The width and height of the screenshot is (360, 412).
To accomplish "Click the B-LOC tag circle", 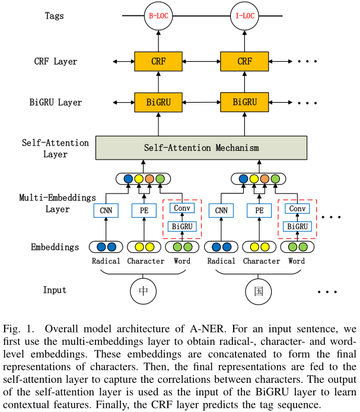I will [x=158, y=17].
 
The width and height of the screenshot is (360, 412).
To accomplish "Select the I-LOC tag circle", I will [x=244, y=17].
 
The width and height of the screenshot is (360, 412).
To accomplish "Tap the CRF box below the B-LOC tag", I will [x=158, y=61].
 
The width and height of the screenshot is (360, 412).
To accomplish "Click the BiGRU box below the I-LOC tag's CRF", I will [x=244, y=102].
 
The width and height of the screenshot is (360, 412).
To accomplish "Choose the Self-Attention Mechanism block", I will [x=202, y=147].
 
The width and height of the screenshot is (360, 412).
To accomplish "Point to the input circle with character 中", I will [x=144, y=291].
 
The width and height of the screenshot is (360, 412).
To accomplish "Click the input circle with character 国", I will [x=259, y=291].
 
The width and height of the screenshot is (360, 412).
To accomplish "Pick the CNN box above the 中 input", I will [x=106, y=210].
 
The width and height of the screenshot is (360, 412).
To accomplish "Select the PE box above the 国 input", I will [x=259, y=210].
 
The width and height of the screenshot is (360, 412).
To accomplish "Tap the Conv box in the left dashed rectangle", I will [x=181, y=208].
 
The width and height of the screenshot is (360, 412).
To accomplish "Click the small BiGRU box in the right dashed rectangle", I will [x=297, y=226].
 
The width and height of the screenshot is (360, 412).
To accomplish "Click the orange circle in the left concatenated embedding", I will [x=149, y=178].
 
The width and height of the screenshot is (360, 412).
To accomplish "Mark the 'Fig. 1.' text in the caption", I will [x=18, y=328].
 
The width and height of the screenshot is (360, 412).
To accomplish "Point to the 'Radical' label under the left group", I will [x=106, y=261].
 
